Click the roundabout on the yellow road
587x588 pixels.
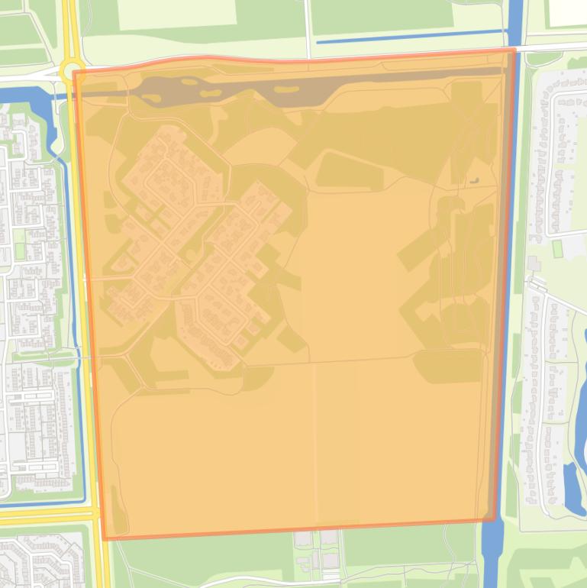tap(71, 72)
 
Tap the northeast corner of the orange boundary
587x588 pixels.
tap(514, 50)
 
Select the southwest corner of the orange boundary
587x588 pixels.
tap(105, 538)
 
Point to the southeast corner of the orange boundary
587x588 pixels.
tap(495, 520)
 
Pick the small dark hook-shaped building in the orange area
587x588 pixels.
tap(475, 181)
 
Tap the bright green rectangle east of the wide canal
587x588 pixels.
tap(557, 248)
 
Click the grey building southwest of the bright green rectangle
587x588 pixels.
tap(532, 264)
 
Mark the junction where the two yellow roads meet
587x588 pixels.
tap(96, 514)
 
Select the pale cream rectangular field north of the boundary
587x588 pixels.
tap(176, 15)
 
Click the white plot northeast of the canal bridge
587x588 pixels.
tap(566, 11)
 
